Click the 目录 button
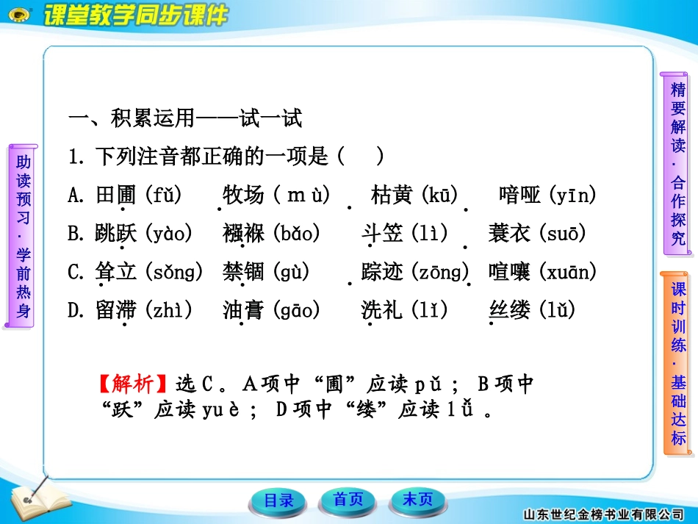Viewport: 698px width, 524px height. click(x=278, y=500)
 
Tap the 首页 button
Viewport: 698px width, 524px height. click(x=348, y=500)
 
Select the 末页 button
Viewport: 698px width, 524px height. click(x=417, y=500)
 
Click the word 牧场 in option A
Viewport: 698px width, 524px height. click(x=243, y=195)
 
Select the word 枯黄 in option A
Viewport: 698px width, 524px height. click(x=392, y=195)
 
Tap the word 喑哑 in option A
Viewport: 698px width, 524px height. click(x=519, y=195)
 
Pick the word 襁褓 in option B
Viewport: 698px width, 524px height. click(x=243, y=234)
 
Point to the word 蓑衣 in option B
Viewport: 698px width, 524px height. click(x=508, y=234)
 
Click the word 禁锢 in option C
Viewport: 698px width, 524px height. click(x=243, y=272)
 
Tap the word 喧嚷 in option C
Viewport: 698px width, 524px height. click(x=508, y=272)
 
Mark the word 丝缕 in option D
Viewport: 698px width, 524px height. click(x=509, y=310)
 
